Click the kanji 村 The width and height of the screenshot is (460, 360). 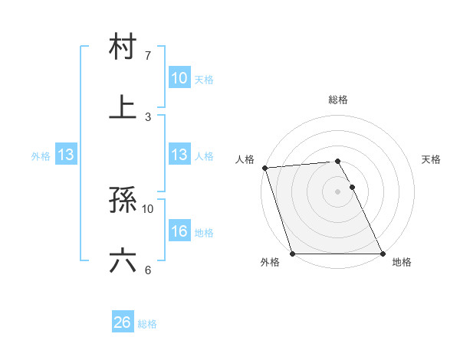click(x=123, y=47)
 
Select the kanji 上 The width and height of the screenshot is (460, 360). click(x=123, y=106)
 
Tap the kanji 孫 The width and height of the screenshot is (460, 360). click(x=123, y=201)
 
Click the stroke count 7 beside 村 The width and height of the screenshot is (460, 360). click(x=148, y=56)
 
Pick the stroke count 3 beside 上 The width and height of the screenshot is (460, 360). click(x=148, y=116)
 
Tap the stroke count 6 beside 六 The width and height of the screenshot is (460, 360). click(x=148, y=270)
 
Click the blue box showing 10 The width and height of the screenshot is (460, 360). click(x=179, y=78)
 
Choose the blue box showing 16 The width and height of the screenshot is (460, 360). click(x=179, y=231)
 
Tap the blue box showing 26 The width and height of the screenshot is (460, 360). click(x=123, y=322)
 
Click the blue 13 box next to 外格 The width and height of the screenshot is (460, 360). click(x=66, y=155)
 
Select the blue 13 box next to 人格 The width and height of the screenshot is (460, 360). click(x=179, y=155)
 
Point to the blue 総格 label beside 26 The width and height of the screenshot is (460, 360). click(x=147, y=324)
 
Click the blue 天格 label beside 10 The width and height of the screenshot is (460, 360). click(x=204, y=79)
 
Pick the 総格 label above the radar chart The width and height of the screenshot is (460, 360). click(x=338, y=100)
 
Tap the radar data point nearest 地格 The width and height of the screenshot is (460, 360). click(x=383, y=254)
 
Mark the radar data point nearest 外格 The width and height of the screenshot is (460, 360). click(x=292, y=254)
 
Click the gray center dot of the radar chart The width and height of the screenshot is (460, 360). click(x=337, y=191)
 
